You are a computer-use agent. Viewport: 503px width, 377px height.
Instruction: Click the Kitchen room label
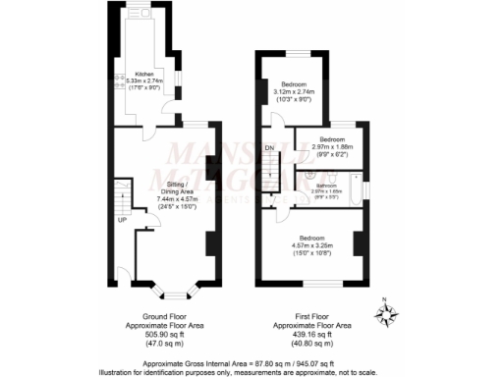pos(143,74)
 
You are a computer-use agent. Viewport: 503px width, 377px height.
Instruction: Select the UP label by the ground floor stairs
pos(123,219)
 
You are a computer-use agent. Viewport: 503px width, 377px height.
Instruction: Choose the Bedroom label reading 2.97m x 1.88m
pos(334,139)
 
